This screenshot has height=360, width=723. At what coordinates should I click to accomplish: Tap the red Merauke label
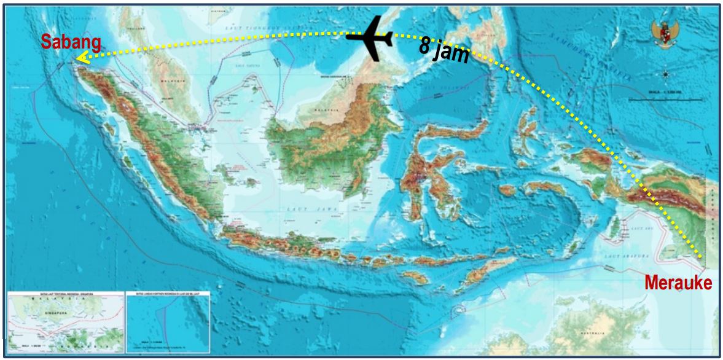pyautogui.click(x=678, y=283)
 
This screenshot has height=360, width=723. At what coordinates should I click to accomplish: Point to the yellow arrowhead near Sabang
pyautogui.click(x=78, y=58)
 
